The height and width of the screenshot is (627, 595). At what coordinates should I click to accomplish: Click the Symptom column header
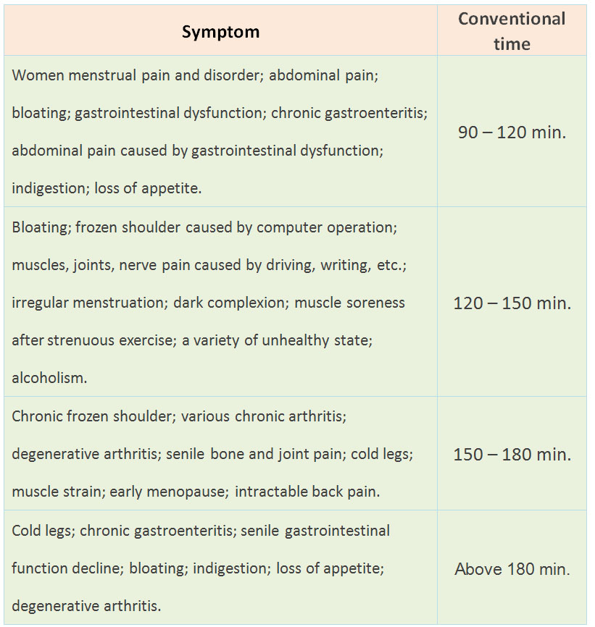coord(220,32)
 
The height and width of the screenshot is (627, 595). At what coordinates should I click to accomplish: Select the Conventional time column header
coord(512,31)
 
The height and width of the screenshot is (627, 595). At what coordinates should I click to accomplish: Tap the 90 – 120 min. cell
coord(512,132)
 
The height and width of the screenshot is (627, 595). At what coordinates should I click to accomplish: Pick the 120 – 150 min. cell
coord(512,303)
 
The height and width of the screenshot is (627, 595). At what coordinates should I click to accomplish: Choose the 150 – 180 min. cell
coord(512,455)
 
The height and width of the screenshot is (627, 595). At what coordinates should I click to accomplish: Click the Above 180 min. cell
coord(512,569)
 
